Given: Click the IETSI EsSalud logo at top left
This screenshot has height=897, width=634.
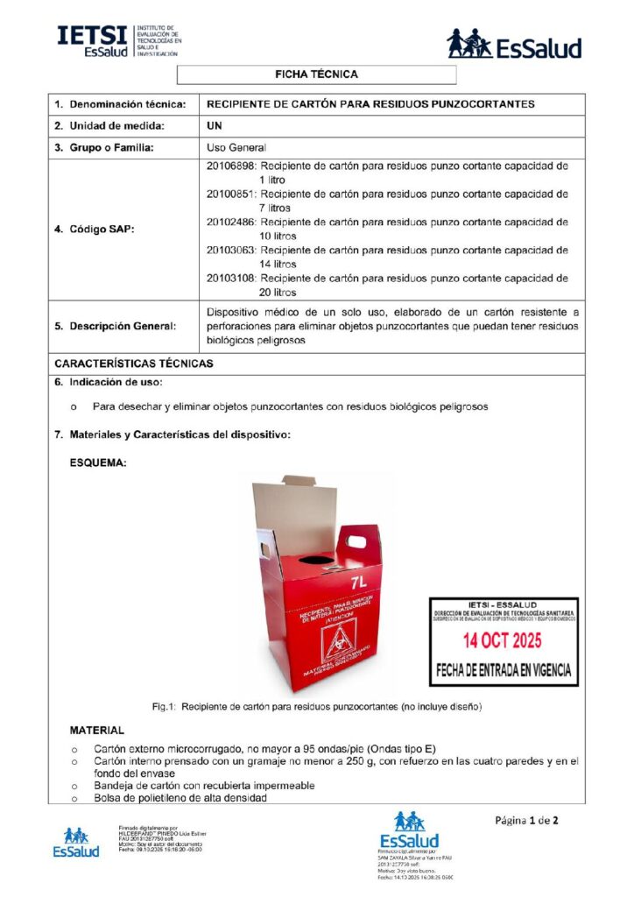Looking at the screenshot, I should pyautogui.click(x=119, y=41).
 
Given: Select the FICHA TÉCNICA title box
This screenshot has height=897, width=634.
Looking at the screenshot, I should pyautogui.click(x=316, y=75).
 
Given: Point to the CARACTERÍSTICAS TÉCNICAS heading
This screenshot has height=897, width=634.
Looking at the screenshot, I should pyautogui.click(x=133, y=363).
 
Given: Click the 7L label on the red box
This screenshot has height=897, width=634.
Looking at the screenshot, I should pyautogui.click(x=357, y=582).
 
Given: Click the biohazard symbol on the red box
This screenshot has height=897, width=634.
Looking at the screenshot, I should pyautogui.click(x=335, y=649).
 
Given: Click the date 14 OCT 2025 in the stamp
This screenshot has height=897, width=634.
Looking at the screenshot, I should pyautogui.click(x=503, y=640).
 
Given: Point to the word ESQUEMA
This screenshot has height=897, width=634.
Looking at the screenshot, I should pyautogui.click(x=98, y=463).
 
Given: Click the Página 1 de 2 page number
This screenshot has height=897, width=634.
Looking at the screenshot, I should pyautogui.click(x=526, y=821).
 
